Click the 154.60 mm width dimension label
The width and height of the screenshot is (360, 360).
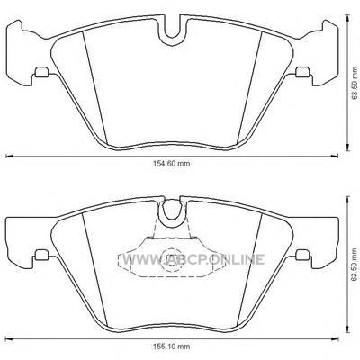click(x=172, y=164)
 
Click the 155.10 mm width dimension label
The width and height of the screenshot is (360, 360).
click(x=172, y=346)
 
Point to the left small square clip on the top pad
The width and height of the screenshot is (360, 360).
click(x=41, y=72)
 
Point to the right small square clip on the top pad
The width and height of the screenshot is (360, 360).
click(x=302, y=72)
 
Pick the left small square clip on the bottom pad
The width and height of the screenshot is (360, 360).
click(x=41, y=255)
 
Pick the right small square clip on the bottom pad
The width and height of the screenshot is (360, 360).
click(x=302, y=255)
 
